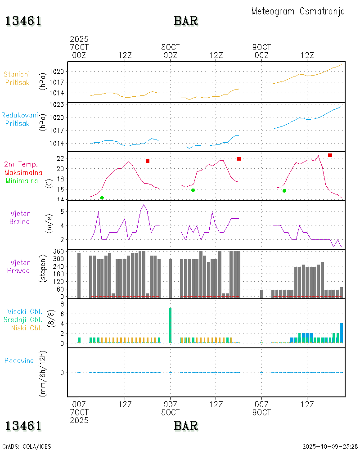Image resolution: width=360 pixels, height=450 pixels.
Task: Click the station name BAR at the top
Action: pyautogui.click(x=186, y=21)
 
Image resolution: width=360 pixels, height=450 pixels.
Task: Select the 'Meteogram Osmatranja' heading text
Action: pyautogui.click(x=298, y=11)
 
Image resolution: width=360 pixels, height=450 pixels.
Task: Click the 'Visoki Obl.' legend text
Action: pyautogui.click(x=24, y=311)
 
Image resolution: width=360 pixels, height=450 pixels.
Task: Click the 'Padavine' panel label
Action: pyautogui.click(x=19, y=360)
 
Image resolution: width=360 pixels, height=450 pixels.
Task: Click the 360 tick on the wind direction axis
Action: pyautogui.click(x=60, y=251)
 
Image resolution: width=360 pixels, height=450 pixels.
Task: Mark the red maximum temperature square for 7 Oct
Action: pyautogui.click(x=147, y=161)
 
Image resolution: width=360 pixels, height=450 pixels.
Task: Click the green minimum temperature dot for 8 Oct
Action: pyautogui.click(x=193, y=190)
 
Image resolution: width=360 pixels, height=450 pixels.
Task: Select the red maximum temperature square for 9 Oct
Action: pyautogui.click(x=330, y=155)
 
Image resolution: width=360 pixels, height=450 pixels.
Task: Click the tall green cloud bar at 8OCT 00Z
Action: pyautogui.click(x=170, y=325)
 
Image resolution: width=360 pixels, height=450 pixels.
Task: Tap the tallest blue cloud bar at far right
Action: pyautogui.click(x=341, y=333)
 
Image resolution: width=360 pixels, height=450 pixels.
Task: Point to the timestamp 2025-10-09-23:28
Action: pyautogui.click(x=330, y=446)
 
